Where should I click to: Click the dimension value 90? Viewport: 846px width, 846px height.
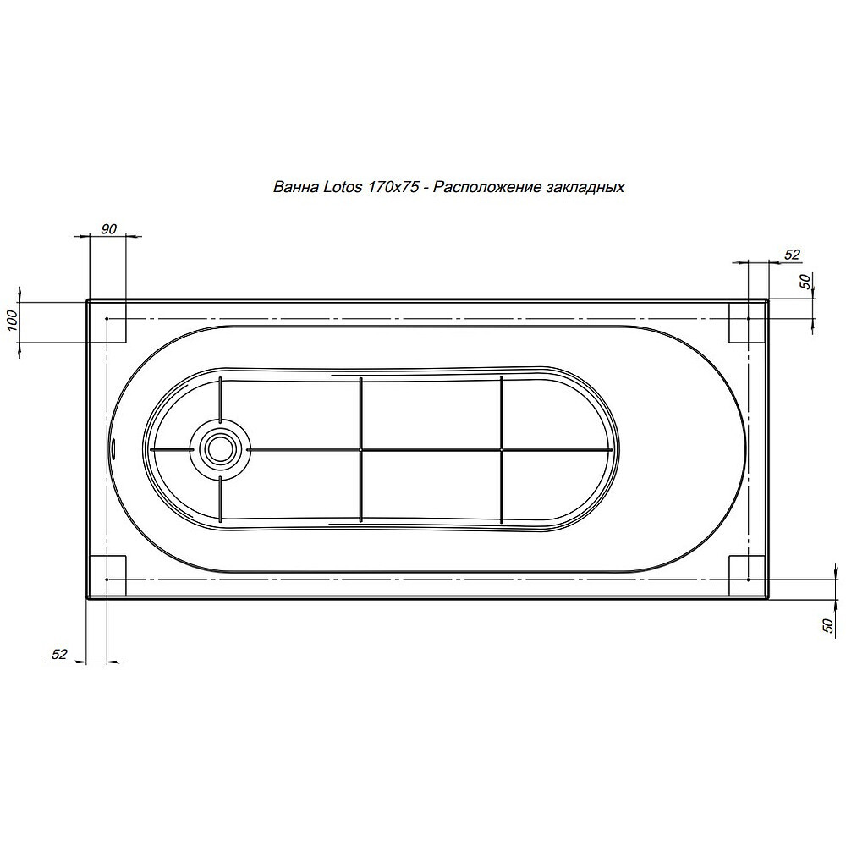pos(108,228)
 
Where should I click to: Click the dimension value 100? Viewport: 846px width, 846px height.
pos(14,321)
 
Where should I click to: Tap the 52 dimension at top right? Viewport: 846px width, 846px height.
pos(792,254)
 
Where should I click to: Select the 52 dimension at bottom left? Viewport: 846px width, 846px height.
pos(59,654)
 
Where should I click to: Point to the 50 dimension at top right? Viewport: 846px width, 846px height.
pos(805,282)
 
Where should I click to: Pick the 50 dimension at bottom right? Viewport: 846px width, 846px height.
pos(828,625)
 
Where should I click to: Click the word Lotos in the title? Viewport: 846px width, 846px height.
pos(343,187)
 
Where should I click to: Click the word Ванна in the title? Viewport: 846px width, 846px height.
pos(296,187)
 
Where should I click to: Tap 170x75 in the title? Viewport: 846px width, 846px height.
pos(393,187)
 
